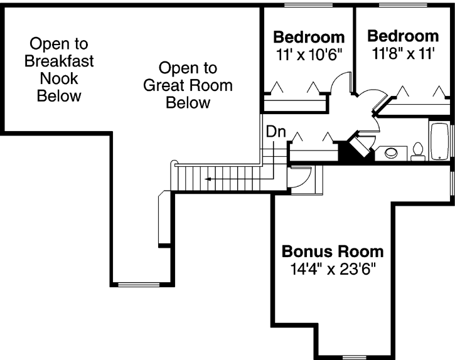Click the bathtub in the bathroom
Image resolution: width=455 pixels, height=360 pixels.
(x=439, y=142)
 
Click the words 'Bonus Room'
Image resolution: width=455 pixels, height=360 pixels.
(x=332, y=252)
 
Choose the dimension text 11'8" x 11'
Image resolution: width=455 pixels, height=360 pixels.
(x=402, y=53)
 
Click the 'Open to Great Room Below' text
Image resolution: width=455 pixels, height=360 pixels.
(x=188, y=85)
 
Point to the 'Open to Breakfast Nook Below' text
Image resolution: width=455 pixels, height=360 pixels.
(x=59, y=70)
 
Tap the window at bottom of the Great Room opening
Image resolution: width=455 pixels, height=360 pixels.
(x=138, y=284)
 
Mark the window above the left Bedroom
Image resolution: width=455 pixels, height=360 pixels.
(x=308, y=6)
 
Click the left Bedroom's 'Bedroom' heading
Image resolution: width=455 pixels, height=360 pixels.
(x=309, y=36)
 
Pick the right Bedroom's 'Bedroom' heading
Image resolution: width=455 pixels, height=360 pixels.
(x=403, y=35)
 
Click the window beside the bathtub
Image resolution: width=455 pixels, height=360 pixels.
(x=451, y=141)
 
